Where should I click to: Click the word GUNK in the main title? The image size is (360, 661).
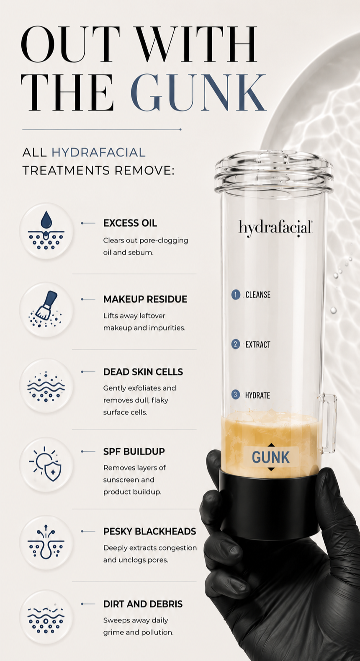tap(198, 92)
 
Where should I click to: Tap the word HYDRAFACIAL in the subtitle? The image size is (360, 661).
tap(98, 152)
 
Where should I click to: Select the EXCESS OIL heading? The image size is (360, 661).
tap(130, 223)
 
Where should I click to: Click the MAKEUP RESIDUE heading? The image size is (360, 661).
tap(145, 299)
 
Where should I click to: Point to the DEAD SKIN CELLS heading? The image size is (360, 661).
tap(143, 372)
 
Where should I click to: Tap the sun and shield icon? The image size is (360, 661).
tap(46, 464)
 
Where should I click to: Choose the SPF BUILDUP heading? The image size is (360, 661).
tap(134, 452)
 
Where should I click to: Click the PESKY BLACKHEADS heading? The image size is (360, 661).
tap(149, 532)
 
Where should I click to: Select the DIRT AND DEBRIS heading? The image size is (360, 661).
tap(143, 604)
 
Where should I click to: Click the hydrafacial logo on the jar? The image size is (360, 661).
tap(275, 228)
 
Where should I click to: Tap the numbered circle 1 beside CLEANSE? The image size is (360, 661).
tap(236, 294)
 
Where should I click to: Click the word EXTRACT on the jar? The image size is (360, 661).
tap(258, 344)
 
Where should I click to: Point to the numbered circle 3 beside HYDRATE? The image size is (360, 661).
tap(235, 395)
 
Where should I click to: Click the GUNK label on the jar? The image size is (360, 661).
tap(271, 457)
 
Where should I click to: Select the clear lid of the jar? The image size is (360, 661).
tap(274, 172)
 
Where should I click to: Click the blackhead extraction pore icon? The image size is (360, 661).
tap(46, 542)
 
